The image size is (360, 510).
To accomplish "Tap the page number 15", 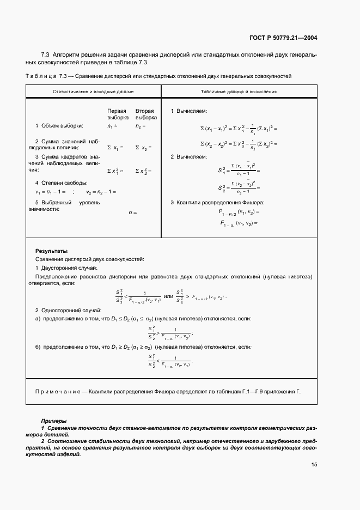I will [x=314, y=465].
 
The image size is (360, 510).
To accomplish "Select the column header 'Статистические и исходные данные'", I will [x=93, y=92].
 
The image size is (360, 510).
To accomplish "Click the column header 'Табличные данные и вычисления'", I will [x=239, y=92].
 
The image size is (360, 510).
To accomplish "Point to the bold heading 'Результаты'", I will [x=51, y=251].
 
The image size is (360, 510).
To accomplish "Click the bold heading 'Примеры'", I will [x=54, y=421].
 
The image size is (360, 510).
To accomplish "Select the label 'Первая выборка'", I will [x=118, y=114].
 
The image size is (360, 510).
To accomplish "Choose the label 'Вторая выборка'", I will [x=146, y=114].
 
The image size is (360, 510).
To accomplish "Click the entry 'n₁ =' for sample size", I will [x=113, y=126].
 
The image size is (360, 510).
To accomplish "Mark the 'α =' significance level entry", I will [x=133, y=212].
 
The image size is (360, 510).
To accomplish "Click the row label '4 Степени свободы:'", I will [x=62, y=183].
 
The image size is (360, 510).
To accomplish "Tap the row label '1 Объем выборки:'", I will [x=59, y=126].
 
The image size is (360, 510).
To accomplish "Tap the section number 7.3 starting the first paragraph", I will [x=46, y=55].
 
